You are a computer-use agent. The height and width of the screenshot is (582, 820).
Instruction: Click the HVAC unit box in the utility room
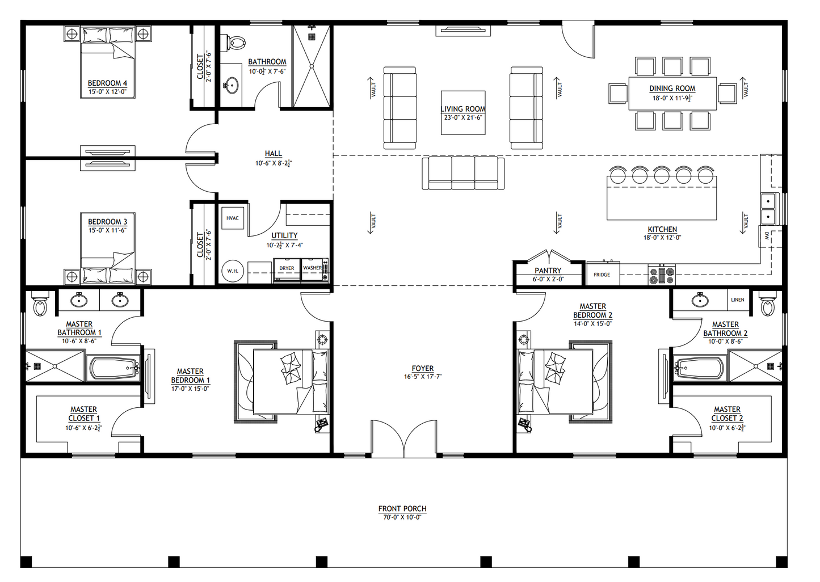[x=233, y=218]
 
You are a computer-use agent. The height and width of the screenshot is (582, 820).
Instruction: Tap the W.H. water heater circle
[x=233, y=271]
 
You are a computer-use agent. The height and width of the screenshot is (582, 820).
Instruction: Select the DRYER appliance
[x=287, y=269]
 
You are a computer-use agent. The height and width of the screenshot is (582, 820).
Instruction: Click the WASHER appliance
[x=313, y=268]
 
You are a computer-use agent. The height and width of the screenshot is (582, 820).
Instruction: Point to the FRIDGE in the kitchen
[x=602, y=275]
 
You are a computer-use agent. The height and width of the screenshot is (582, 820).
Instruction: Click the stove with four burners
[x=662, y=275]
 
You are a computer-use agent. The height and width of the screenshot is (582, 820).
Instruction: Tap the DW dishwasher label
[x=766, y=236]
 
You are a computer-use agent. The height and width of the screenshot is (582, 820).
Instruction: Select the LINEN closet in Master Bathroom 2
[x=738, y=300]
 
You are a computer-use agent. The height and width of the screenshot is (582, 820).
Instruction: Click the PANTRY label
[x=548, y=271]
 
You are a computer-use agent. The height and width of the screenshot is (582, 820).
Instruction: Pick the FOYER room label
[x=423, y=368]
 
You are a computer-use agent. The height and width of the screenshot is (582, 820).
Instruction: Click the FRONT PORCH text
[x=402, y=509]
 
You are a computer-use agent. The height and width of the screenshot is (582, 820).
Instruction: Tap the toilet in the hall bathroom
[x=236, y=43]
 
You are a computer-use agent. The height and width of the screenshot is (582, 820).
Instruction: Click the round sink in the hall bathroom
[x=231, y=87]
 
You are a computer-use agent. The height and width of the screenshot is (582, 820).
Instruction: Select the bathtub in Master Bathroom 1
[x=113, y=368]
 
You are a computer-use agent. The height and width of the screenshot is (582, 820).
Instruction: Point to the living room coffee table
[x=463, y=113]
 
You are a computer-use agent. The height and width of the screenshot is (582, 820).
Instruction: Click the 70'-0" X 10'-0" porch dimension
[x=402, y=517]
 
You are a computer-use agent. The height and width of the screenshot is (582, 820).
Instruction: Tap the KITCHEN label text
[x=662, y=230]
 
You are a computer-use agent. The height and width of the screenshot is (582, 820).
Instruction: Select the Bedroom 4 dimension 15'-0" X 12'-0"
[x=107, y=91]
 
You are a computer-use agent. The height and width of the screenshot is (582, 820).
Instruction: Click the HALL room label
[x=273, y=154]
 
